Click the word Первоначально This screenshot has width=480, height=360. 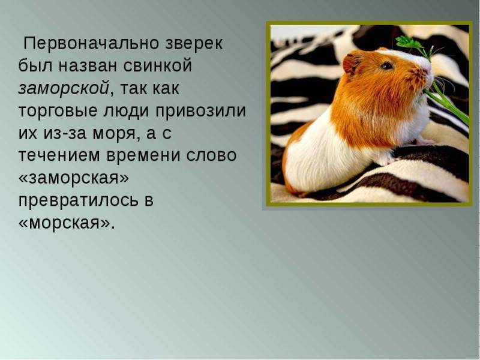pyautogui.click(x=92, y=43)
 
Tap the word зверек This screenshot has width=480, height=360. pyautogui.click(x=194, y=44)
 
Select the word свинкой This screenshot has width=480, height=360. pyautogui.click(x=158, y=66)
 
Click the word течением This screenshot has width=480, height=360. pyautogui.click(x=59, y=155)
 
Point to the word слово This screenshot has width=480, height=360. pyautogui.click(x=211, y=155)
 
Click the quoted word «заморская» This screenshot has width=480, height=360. pyautogui.click(x=74, y=178)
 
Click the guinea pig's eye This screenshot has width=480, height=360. pyautogui.click(x=387, y=65)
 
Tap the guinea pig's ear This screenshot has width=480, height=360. pyautogui.click(x=350, y=64)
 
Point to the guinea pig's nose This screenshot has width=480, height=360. pyautogui.click(x=427, y=71)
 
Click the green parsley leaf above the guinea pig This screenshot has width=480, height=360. pyautogui.click(x=409, y=43)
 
